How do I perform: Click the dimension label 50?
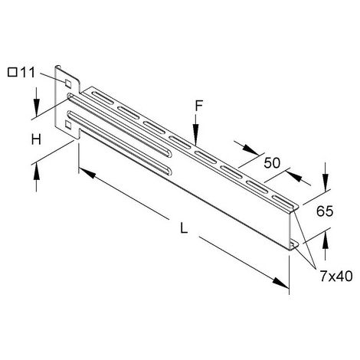click(x=272, y=163)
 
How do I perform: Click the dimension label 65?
click(x=325, y=211)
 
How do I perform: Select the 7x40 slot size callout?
click(x=336, y=276)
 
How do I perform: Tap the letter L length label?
click(x=184, y=227)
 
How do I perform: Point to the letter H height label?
click(x=36, y=139)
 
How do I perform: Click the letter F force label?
click(x=199, y=106)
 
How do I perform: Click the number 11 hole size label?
click(x=28, y=73)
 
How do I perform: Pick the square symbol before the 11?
click(x=12, y=73)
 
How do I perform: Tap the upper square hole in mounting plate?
click(x=68, y=83)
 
